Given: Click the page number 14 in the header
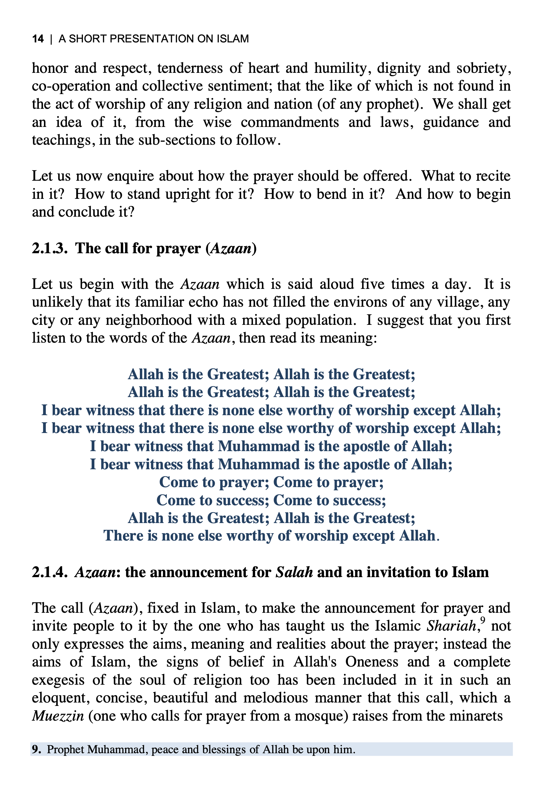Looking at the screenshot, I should point(38,39).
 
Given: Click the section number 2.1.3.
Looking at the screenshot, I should point(49,249).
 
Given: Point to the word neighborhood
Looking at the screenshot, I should point(148,321).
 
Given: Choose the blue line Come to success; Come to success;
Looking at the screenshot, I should point(271,500).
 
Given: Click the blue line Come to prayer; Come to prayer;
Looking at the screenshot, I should point(271,482).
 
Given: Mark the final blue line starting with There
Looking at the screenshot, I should point(271,536).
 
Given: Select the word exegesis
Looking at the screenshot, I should point(58,680).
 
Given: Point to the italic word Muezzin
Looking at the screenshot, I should point(58,716).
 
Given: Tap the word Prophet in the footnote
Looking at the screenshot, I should point(65,750).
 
